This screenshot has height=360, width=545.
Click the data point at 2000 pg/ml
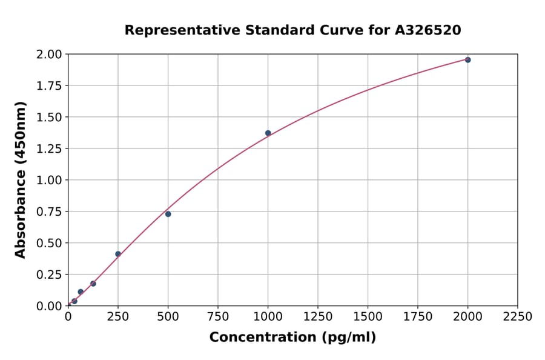(x=467, y=60)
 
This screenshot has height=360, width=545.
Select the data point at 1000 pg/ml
(x=268, y=133)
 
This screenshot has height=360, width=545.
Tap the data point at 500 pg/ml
(x=168, y=214)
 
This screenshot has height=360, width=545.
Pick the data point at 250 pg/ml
(x=118, y=254)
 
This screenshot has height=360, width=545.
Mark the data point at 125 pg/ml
(x=93, y=284)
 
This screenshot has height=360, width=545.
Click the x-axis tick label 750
(x=218, y=317)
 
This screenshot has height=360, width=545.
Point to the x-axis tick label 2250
(x=518, y=317)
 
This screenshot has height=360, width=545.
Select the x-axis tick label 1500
(x=368, y=317)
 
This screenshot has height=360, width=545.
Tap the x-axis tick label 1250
(x=318, y=317)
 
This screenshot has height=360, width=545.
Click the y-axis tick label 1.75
(x=48, y=86)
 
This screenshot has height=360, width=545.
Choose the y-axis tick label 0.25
(x=48, y=275)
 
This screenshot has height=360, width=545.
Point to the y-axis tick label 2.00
(x=48, y=55)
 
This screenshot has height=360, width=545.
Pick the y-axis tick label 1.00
(x=48, y=180)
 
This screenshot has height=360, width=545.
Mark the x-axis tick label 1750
(x=418, y=317)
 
